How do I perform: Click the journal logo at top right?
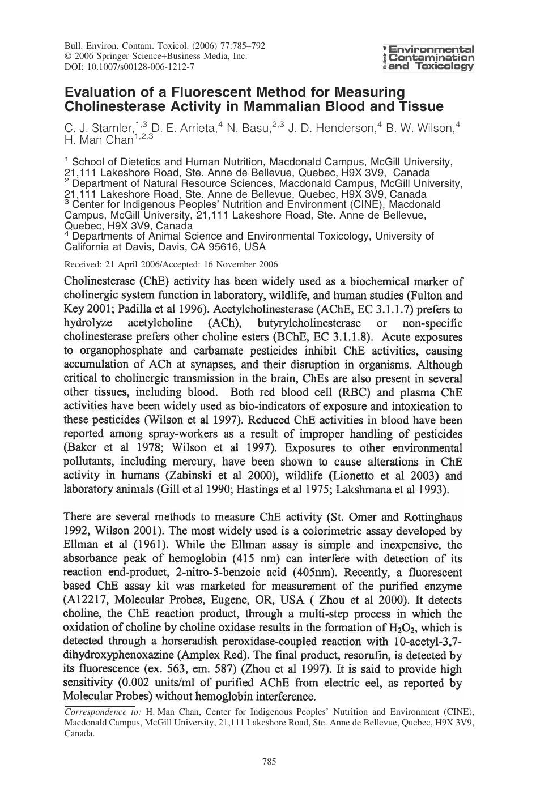pos(429,58)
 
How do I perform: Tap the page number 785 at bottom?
pos(269,761)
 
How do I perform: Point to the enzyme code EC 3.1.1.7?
pos(369,309)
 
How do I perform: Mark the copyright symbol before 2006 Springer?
pos(68,56)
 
